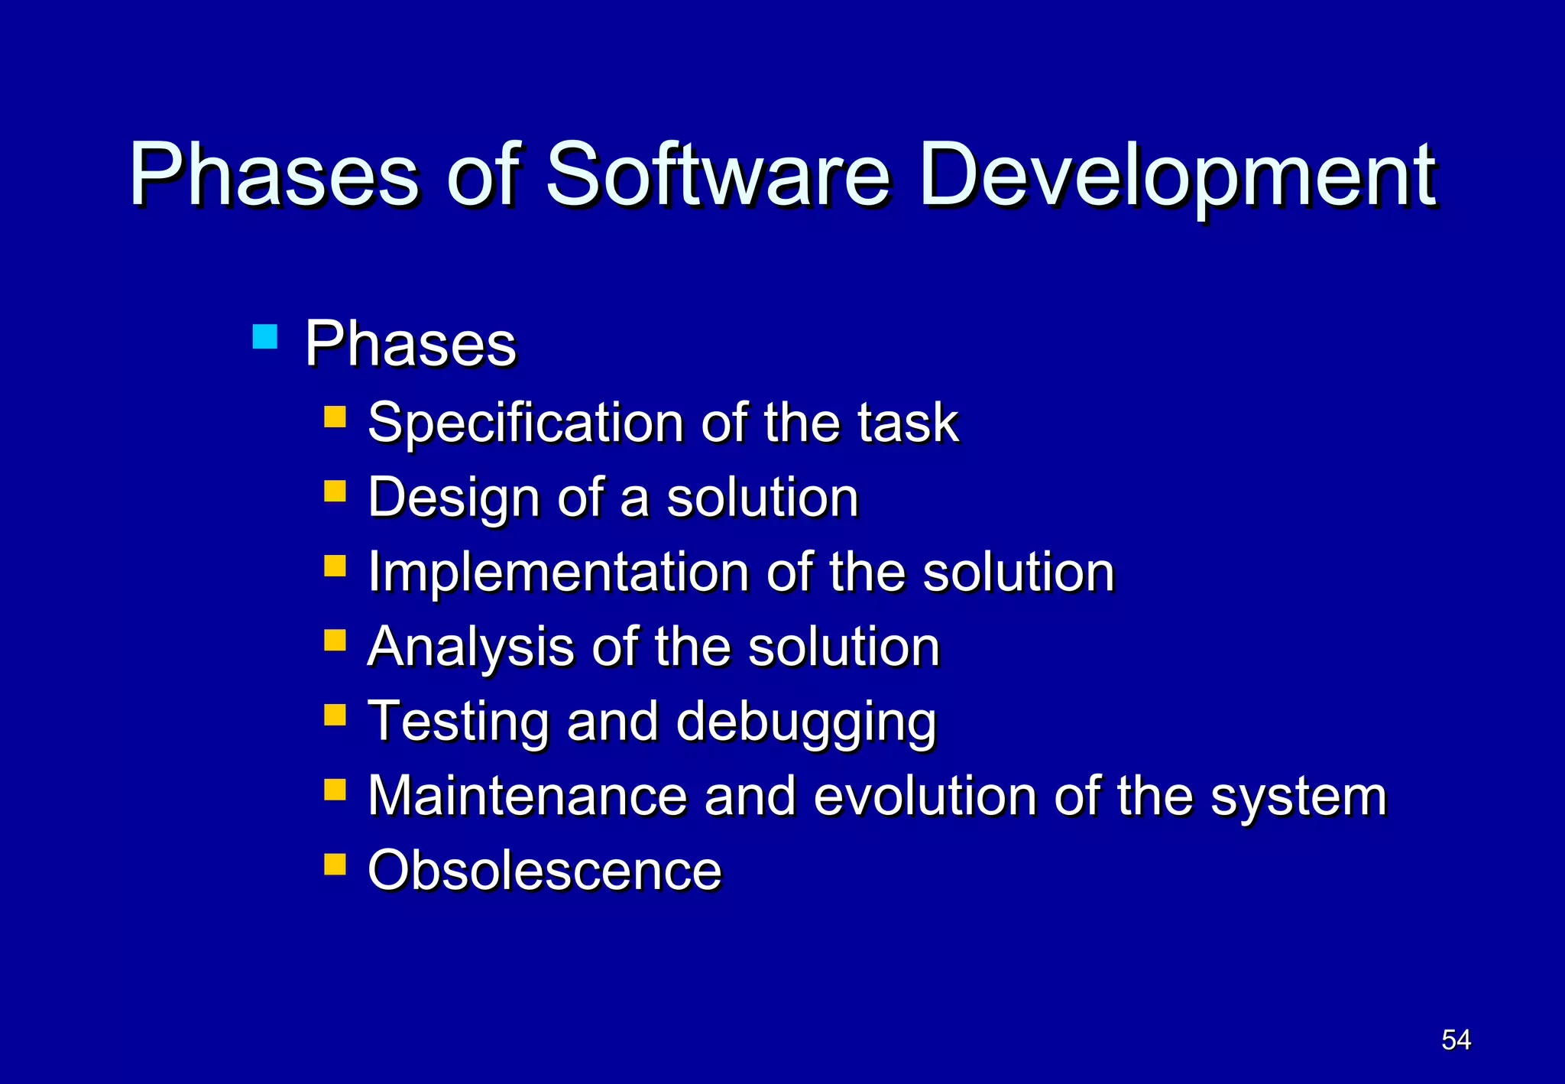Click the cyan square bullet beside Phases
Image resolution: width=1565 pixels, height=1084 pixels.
264,336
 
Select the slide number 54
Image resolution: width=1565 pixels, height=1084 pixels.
1456,1040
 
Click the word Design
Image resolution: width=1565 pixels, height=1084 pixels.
454,498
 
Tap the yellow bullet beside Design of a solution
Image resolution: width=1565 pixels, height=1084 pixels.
335,491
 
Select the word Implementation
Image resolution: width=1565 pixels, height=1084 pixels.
559,572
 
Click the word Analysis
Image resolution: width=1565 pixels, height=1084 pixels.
471,647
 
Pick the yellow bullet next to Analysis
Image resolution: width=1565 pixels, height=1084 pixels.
335,640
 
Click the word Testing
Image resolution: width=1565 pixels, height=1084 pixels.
458,722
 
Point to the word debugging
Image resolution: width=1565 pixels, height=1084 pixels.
806,722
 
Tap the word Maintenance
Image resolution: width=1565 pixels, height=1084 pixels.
527,796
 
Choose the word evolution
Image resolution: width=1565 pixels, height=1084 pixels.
925,796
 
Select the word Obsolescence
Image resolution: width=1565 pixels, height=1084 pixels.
544,870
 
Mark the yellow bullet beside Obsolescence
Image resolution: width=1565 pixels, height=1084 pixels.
335,864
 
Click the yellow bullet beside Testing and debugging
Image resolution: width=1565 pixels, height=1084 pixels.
335,715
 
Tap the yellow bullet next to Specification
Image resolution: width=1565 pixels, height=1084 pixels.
335,416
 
